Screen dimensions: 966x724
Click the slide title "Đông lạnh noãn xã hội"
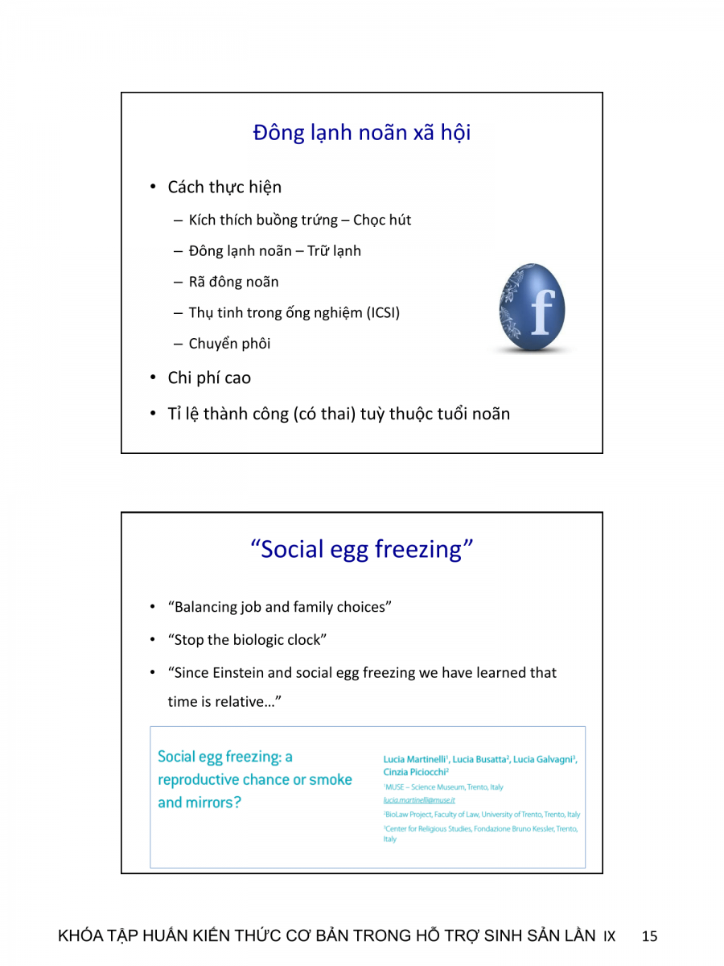click(x=361, y=133)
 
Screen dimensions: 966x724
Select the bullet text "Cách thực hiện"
click(x=224, y=188)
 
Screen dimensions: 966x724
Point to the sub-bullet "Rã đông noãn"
click(x=233, y=282)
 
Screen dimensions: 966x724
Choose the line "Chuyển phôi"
click(x=229, y=344)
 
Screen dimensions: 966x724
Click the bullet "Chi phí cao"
click(x=209, y=378)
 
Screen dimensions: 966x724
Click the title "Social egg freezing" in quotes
click(x=361, y=549)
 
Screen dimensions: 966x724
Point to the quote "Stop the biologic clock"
click(x=247, y=640)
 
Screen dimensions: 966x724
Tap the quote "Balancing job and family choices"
click(x=279, y=607)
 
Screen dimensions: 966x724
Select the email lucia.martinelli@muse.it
click(x=419, y=800)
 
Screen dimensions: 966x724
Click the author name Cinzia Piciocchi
click(x=415, y=771)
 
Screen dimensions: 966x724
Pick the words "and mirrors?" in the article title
click(x=200, y=803)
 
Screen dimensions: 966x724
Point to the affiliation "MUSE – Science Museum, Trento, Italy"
click(x=443, y=786)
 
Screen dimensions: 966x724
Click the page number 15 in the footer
click(x=650, y=936)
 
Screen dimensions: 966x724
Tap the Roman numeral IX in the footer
click(x=609, y=937)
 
